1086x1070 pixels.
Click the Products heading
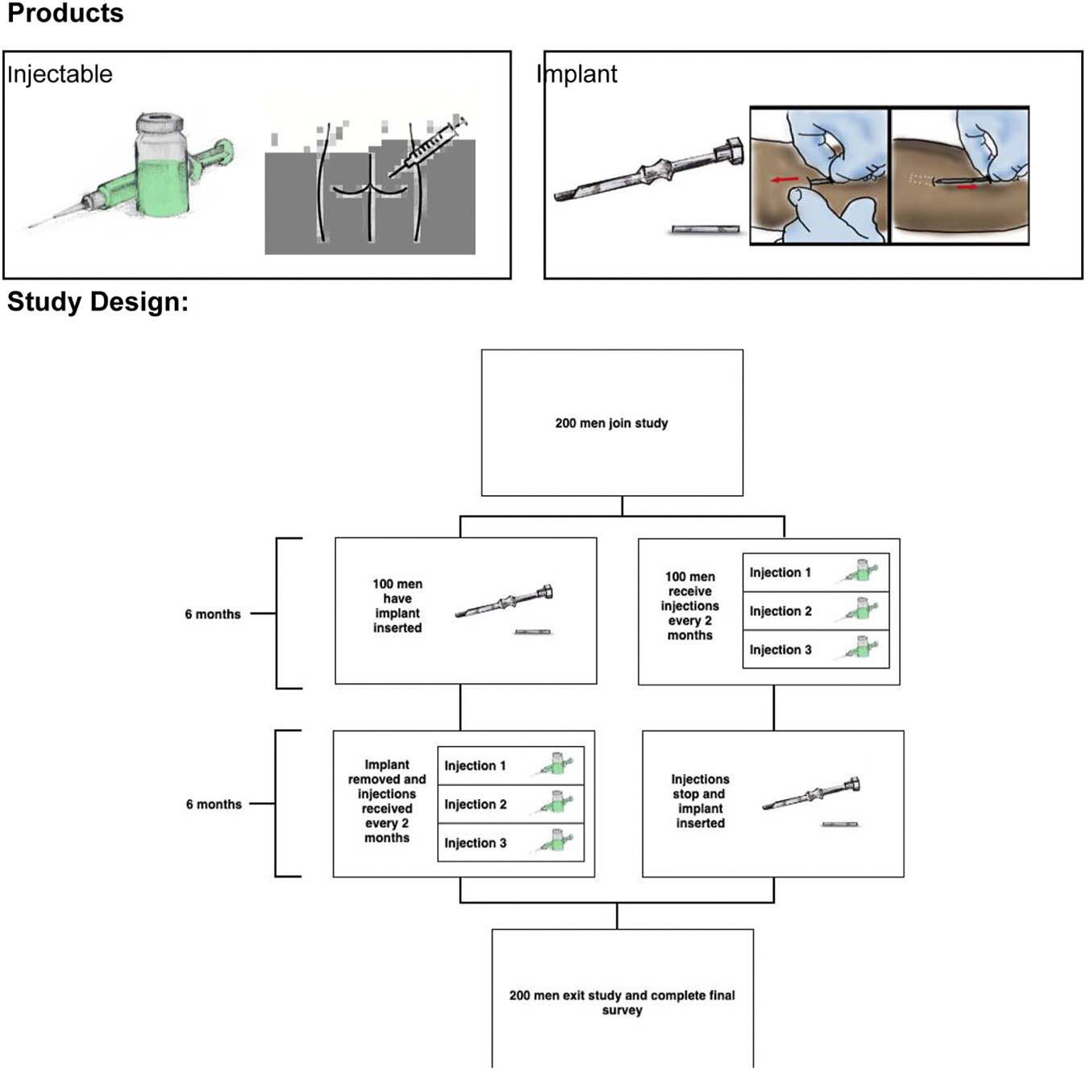(65, 14)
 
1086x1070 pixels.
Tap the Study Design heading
(98, 302)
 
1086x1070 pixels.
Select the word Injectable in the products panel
(60, 74)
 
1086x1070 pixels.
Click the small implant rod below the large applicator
(705, 229)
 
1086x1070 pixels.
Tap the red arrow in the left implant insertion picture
(784, 179)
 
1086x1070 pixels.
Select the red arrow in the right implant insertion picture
(967, 186)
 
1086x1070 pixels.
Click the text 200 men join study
(611, 423)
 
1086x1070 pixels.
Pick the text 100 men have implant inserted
(397, 606)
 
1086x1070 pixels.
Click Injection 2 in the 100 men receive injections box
(780, 611)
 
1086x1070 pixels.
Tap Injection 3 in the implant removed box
(475, 843)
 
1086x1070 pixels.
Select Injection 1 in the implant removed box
(475, 765)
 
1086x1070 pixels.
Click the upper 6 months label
(213, 614)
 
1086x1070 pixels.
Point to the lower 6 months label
(214, 804)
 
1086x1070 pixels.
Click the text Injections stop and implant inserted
(701, 801)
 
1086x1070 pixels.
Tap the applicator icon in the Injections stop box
(811, 793)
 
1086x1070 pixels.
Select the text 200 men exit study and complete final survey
(622, 1002)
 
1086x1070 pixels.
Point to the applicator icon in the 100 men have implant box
(504, 601)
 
